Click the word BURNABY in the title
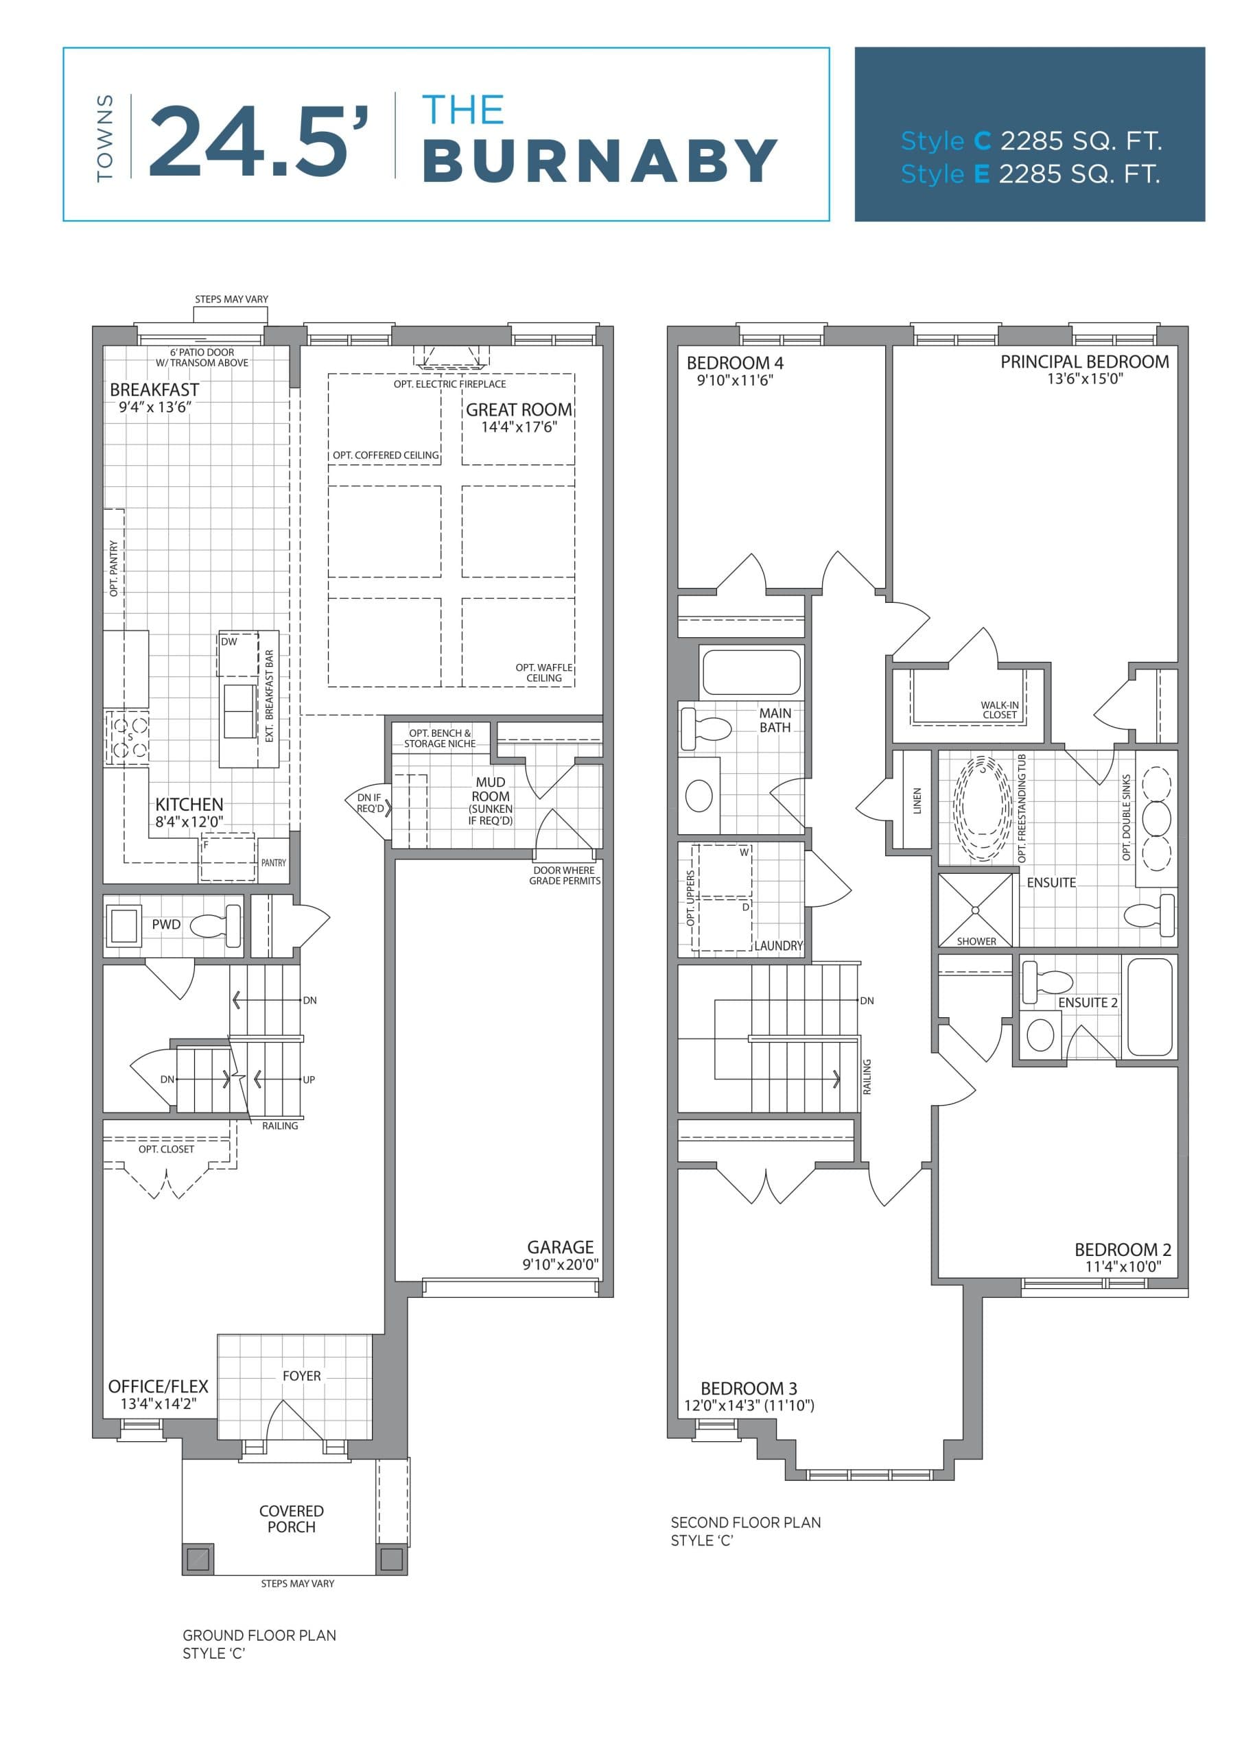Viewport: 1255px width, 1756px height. pyautogui.click(x=600, y=161)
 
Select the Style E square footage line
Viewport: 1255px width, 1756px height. pyautogui.click(x=1030, y=175)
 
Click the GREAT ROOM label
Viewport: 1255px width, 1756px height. pyautogui.click(x=519, y=410)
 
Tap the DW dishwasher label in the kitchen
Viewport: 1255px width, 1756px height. pyautogui.click(x=229, y=641)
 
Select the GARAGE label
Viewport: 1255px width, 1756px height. pyautogui.click(x=561, y=1247)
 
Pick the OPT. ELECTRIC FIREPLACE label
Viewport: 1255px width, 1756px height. pyautogui.click(x=449, y=384)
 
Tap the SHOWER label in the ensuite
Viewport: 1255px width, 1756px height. pyautogui.click(x=976, y=941)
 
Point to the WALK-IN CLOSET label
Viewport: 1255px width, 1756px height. pyautogui.click(x=999, y=709)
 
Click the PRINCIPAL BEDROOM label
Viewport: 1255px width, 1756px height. pyautogui.click(x=1084, y=361)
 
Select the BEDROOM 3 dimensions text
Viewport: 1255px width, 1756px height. pyautogui.click(x=749, y=1405)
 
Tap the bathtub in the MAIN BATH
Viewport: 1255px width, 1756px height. pyautogui.click(x=751, y=672)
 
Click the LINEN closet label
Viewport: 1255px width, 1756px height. pyautogui.click(x=917, y=800)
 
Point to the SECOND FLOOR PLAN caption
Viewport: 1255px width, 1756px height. pyautogui.click(x=745, y=1522)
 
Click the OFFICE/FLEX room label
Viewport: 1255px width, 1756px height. pyautogui.click(x=159, y=1386)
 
